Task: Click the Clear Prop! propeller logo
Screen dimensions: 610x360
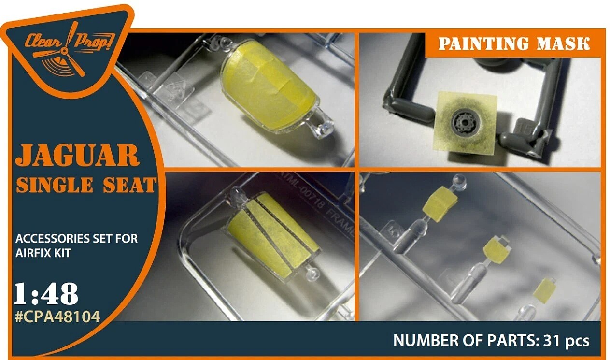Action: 70,49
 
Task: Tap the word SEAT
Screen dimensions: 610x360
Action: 129,185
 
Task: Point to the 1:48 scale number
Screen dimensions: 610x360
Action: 46,294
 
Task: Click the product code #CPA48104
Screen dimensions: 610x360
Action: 57,317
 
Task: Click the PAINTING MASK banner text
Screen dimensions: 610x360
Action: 514,44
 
